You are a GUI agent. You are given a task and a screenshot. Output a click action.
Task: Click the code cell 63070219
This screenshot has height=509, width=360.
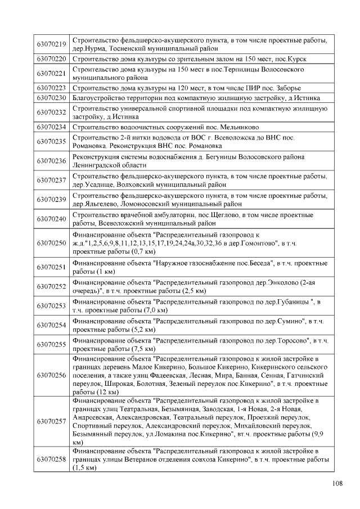tap(52, 44)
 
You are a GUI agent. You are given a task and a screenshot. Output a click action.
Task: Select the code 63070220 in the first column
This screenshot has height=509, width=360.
tap(52, 58)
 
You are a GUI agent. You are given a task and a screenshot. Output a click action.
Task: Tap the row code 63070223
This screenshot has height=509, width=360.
tap(52, 88)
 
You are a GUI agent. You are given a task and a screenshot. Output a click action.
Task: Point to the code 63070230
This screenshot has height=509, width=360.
tap(52, 97)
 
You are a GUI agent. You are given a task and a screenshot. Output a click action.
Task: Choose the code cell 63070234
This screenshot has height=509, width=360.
tap(52, 127)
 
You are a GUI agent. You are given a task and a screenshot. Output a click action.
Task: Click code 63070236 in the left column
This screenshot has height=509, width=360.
tap(52, 161)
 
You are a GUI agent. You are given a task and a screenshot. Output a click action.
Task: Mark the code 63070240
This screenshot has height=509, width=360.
tap(52, 219)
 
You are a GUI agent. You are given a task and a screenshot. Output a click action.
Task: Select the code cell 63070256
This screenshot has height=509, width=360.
tap(52, 375)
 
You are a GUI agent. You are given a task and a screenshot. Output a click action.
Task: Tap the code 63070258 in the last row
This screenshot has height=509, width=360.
tap(52, 460)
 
